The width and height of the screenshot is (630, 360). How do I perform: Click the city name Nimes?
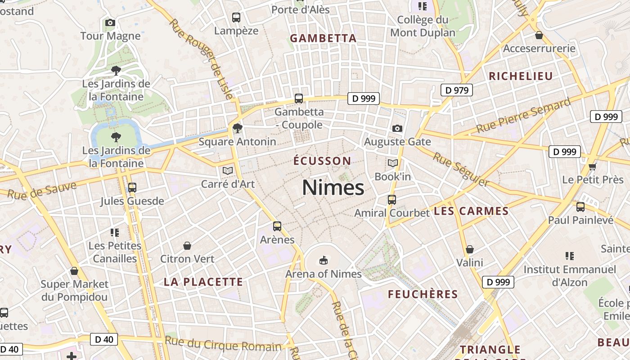tap(333, 187)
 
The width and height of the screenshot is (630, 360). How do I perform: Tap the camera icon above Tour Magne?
tap(110, 22)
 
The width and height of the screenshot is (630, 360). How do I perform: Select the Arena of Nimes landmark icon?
tap(323, 260)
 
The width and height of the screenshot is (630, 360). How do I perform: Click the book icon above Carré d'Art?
tap(228, 171)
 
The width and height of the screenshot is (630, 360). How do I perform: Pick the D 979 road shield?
tap(457, 90)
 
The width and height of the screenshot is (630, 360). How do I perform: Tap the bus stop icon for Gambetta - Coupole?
tap(298, 98)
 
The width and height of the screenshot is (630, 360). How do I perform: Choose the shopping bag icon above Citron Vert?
tap(187, 246)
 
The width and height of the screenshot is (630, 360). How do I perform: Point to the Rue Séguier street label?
tap(461, 169)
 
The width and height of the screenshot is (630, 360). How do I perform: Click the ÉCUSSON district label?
tap(322, 161)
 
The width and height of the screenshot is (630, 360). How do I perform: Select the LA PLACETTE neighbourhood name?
tap(203, 282)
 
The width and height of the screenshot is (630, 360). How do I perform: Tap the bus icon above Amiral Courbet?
tap(392, 199)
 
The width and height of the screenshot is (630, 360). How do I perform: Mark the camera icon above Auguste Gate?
tap(397, 129)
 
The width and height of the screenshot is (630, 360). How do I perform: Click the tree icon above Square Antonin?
tap(237, 128)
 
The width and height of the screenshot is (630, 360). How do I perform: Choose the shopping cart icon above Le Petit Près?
tap(592, 166)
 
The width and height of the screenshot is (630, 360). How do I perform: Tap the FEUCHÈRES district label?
tap(423, 294)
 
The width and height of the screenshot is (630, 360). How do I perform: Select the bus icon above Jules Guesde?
tap(132, 187)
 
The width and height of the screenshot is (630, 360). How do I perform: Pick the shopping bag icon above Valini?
tap(470, 249)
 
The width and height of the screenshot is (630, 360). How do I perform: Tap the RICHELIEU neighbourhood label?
tap(521, 76)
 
